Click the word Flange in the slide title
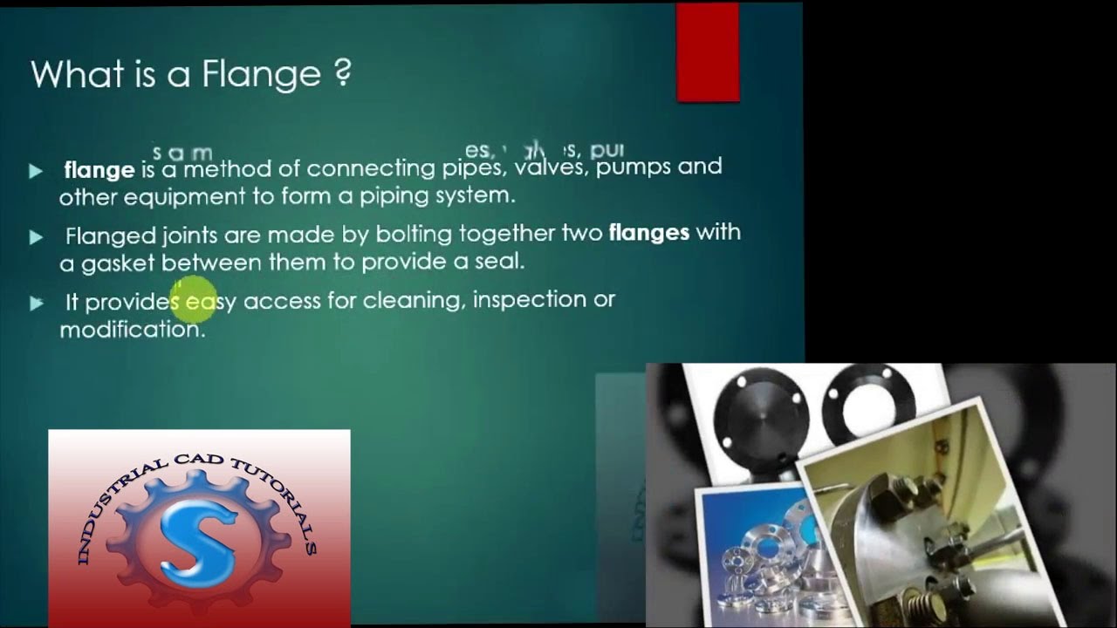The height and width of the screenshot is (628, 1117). click(262, 75)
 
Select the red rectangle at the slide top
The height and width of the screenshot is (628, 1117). click(708, 52)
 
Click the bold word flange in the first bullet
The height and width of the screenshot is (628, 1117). click(99, 169)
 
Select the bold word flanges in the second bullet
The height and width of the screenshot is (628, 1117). click(648, 233)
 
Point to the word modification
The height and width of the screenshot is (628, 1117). click(131, 330)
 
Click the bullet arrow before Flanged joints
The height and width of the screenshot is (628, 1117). click(36, 236)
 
